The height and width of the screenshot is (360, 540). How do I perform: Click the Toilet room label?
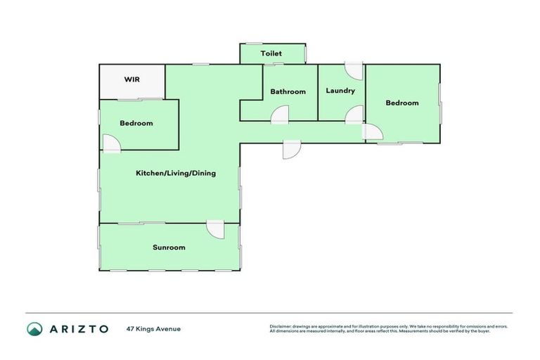pos(271,53)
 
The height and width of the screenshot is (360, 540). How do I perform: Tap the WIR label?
pos(131,79)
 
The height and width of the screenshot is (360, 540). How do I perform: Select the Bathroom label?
pos(288,91)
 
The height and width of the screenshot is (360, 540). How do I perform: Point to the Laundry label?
pos(340,91)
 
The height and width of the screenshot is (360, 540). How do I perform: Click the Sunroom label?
pos(169,247)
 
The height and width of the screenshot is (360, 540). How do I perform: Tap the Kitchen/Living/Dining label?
pos(176,173)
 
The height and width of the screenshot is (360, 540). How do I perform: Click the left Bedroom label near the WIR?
pos(136,123)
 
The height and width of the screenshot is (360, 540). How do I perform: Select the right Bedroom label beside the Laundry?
pos(402,103)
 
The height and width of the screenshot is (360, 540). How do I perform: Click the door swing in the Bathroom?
pos(281,115)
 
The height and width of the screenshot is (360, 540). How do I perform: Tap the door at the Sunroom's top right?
pos(215,229)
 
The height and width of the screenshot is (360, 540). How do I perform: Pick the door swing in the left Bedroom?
pos(111,143)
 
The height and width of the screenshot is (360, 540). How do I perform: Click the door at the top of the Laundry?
pos(354,70)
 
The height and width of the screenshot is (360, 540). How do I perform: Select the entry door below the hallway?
pos(292,148)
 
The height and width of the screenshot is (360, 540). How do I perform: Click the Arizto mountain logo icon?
pos(34,328)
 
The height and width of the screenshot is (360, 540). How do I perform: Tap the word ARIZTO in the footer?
pos(79,328)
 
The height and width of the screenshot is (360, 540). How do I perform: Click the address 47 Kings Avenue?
pos(153,328)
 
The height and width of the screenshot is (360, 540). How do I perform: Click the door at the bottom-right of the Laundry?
pos(354,115)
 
